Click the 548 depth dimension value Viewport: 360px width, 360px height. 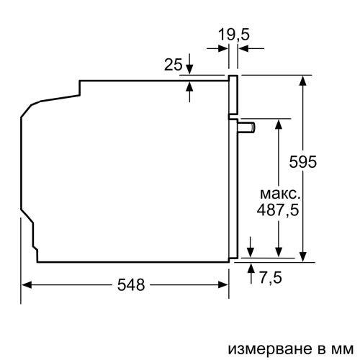click(130, 284)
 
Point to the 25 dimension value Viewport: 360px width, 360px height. click(171, 66)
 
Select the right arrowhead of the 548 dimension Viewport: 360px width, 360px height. click(223, 285)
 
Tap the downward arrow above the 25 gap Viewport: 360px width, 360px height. click(190, 68)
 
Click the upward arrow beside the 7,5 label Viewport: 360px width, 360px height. click(251, 267)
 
